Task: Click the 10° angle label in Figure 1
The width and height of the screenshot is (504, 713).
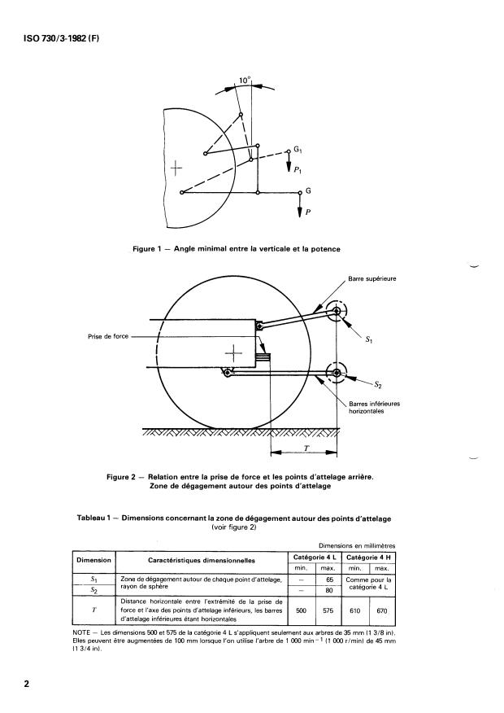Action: [245, 81]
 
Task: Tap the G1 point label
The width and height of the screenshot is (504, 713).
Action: [298, 150]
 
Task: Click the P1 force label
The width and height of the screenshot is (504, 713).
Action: [298, 170]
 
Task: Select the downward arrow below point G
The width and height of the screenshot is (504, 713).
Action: [300, 205]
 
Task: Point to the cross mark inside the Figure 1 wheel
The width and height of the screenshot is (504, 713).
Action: [176, 168]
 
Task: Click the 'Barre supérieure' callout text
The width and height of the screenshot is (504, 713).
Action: [372, 278]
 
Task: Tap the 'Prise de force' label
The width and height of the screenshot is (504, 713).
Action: [108, 336]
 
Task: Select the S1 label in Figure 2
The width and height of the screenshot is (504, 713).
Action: [369, 339]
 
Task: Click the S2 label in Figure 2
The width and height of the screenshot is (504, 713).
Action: [378, 385]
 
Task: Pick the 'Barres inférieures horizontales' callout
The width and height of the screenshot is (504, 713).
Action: [375, 408]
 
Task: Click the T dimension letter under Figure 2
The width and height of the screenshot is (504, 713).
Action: [306, 448]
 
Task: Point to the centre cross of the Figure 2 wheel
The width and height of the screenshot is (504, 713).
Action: [233, 353]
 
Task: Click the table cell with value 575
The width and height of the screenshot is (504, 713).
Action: [328, 610]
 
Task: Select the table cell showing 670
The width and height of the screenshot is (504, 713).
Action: [382, 610]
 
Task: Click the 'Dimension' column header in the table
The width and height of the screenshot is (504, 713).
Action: [93, 560]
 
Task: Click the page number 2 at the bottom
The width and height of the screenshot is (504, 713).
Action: [26, 684]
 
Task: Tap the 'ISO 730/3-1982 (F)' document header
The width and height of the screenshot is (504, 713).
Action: [61, 38]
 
